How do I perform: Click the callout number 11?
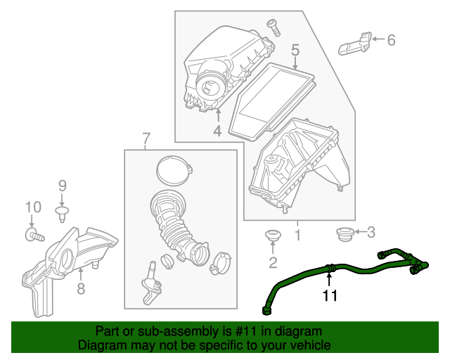(x=330, y=296)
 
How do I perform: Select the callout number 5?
(x=295, y=50)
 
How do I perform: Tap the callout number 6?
(x=391, y=40)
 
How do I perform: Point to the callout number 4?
(x=217, y=131)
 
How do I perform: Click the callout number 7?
(x=146, y=139)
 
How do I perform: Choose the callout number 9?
(x=62, y=186)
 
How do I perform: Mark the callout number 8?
(x=80, y=288)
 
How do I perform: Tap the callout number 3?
(x=372, y=231)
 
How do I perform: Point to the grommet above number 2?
(x=271, y=235)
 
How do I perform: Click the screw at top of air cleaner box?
(x=273, y=27)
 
